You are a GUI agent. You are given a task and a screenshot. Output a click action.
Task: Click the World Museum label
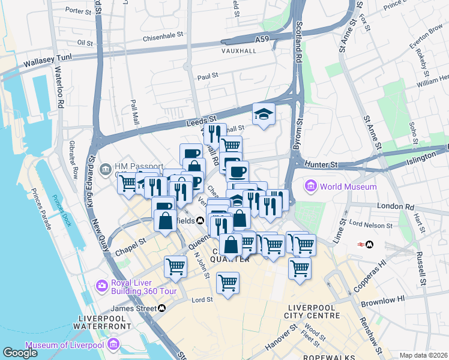tap(348, 187)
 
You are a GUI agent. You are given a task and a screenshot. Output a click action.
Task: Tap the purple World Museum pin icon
tap(311, 187)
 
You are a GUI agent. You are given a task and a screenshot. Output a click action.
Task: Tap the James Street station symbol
tap(162, 308)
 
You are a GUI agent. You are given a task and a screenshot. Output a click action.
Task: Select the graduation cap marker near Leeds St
tap(264, 114)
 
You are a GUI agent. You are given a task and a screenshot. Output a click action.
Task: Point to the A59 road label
tap(262, 39)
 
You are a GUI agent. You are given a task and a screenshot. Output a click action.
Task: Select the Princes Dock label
tap(62, 211)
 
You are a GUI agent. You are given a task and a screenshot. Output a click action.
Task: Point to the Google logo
tap(20, 353)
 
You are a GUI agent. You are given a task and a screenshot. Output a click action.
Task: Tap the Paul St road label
tap(207, 77)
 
